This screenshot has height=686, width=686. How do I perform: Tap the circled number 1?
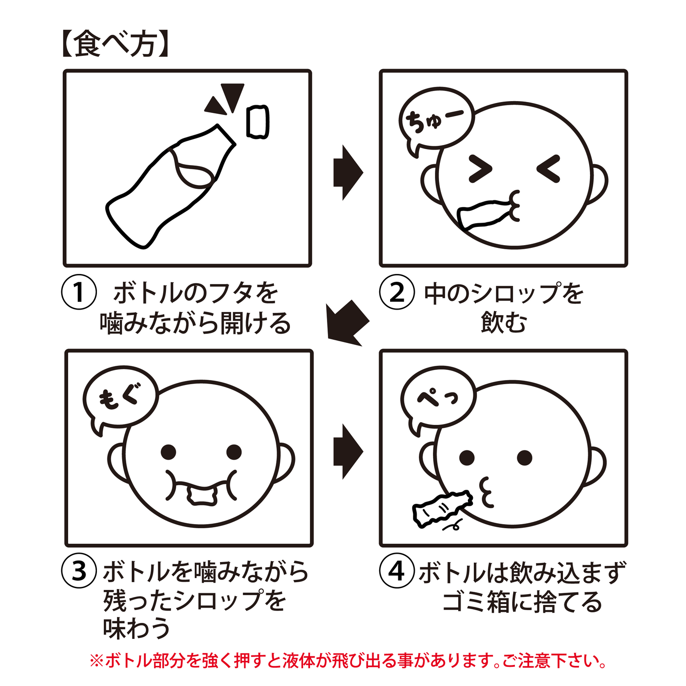click(x=79, y=292)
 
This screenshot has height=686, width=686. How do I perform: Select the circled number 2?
click(x=397, y=292)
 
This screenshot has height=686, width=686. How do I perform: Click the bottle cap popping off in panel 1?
click(x=258, y=122)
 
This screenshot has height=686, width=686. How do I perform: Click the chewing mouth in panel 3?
click(x=202, y=488)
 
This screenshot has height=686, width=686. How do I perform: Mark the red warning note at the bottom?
click(x=348, y=661)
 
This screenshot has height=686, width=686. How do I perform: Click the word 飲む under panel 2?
click(x=504, y=323)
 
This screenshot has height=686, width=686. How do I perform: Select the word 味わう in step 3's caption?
click(x=136, y=628)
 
